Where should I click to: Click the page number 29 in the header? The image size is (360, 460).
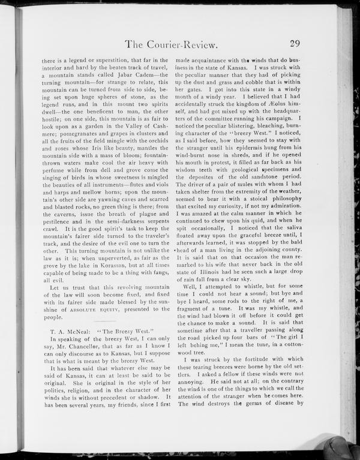pyautogui.click(x=294, y=43)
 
